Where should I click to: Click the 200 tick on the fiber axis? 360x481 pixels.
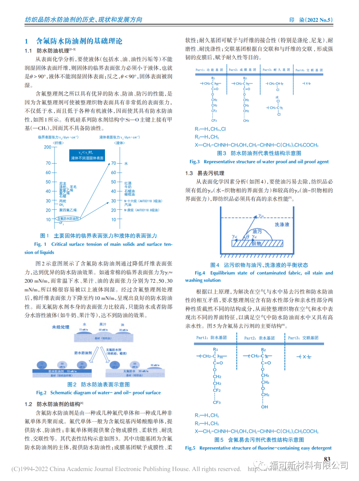48,147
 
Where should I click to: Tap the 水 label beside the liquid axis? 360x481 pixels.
126,164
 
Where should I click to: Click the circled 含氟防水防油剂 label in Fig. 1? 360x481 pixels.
68,219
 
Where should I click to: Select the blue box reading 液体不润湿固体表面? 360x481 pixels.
87,155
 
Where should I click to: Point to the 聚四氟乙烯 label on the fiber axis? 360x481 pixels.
68,210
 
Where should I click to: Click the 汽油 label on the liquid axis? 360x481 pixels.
128,205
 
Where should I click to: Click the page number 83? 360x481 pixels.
327,459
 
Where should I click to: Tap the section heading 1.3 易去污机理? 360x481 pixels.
205,173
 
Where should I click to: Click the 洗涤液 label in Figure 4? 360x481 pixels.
282,225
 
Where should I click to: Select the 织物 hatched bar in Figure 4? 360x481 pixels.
257,243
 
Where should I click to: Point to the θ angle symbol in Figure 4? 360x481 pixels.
247,237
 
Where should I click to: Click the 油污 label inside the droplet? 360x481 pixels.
257,231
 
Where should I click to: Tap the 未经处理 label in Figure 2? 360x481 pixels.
60,327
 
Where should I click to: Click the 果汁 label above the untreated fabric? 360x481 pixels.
103,324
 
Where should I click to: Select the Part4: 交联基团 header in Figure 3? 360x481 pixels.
309,70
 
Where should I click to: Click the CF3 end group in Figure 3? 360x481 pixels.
214,121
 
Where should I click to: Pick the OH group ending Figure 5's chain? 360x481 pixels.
264,407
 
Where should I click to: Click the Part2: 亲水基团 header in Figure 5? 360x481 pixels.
259,338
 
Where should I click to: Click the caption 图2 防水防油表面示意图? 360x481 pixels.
98,384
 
